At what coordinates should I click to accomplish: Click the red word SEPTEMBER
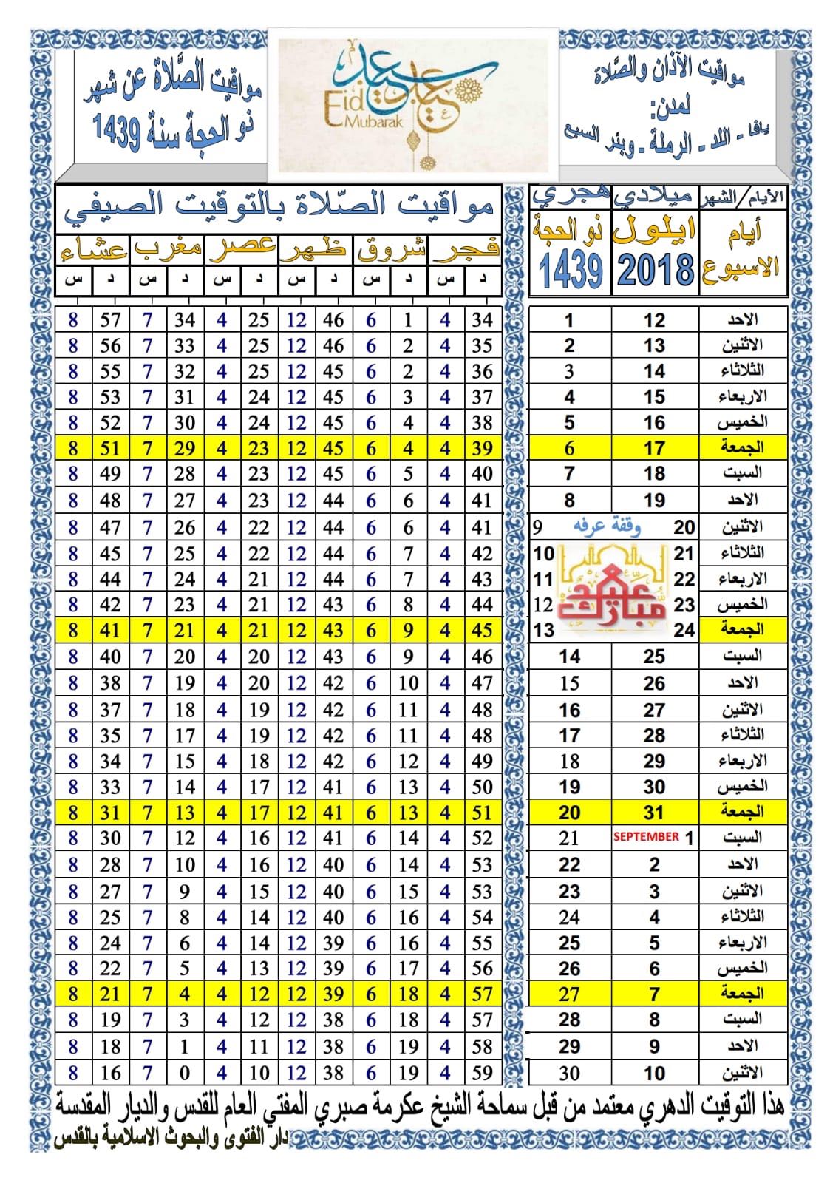coord(646,837)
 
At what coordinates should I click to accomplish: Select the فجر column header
coord(466,250)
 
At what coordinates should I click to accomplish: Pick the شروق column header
coord(391,250)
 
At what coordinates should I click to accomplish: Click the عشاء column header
coord(92,250)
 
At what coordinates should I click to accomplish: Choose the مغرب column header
coord(168,250)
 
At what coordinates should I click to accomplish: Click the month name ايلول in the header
coord(655,230)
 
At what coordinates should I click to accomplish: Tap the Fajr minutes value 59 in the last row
coord(482,1073)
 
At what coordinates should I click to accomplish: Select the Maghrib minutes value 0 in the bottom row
coord(184,1073)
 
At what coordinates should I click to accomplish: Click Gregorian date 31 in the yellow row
coord(654,812)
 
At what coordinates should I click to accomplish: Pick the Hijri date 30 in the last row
coord(569,1073)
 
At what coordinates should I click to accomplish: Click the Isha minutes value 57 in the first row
coord(110,319)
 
